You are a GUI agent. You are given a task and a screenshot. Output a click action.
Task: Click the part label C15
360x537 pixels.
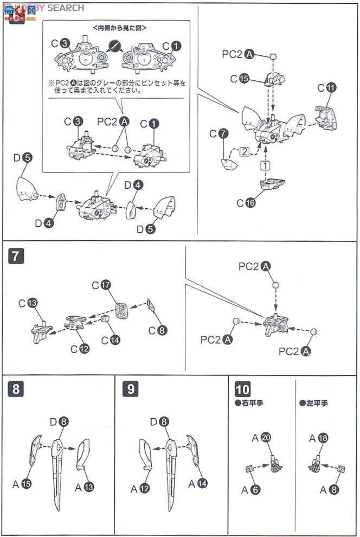[239, 79]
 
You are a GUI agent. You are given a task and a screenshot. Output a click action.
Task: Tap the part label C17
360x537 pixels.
[100, 284]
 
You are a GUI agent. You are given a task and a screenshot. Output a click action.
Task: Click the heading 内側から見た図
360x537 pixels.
[119, 27]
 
